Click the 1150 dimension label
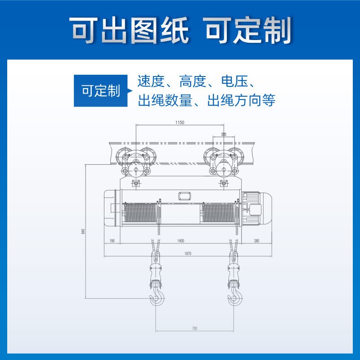pos(180,122)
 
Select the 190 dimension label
pos(112,241)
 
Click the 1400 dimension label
pos(180,241)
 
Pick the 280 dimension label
pos(256,241)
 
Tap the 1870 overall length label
pos(188,254)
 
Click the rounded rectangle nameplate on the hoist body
pos(184,196)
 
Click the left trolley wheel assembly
pos(135,162)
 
